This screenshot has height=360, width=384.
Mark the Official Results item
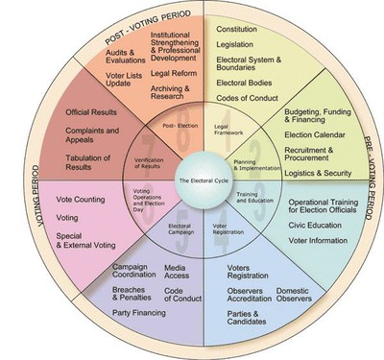[x=90, y=112]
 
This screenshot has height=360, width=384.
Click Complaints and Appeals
[x=92, y=135]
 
